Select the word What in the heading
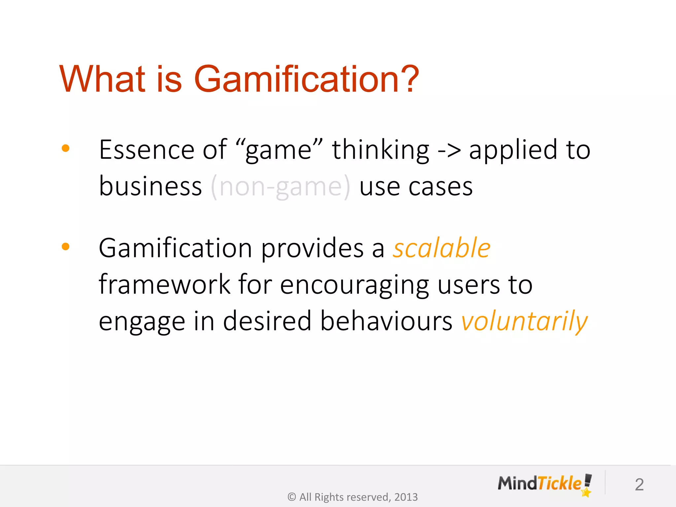(102, 79)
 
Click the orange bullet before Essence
(66, 148)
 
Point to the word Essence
(147, 150)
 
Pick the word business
(150, 186)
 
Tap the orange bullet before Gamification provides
(66, 247)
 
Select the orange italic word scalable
(441, 248)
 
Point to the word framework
(164, 285)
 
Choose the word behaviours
(386, 321)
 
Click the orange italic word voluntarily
(524, 321)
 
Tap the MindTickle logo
(545, 484)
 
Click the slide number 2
(639, 485)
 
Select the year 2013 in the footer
(406, 497)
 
